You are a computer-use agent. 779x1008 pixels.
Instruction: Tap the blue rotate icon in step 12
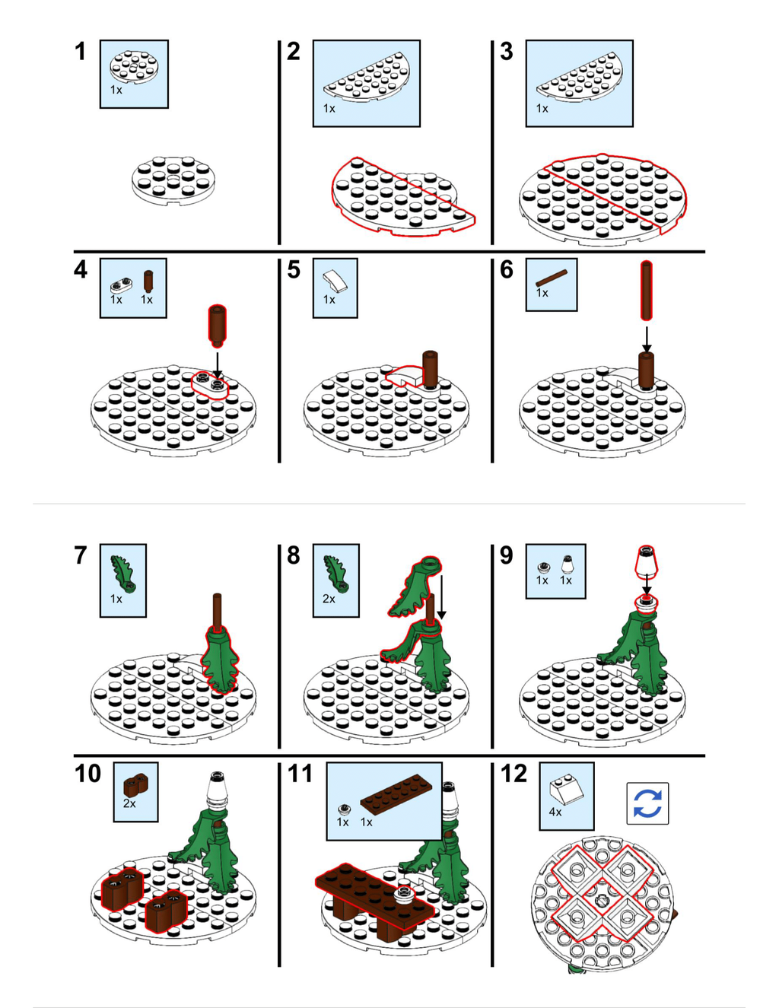coord(647,803)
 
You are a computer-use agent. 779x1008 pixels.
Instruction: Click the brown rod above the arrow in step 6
coord(647,291)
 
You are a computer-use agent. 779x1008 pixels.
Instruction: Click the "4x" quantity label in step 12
coord(555,812)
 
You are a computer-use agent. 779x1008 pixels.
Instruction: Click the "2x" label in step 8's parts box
coord(329,599)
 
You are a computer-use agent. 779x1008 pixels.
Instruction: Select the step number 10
coord(87,773)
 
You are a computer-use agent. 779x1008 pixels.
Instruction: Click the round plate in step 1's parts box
coord(134,67)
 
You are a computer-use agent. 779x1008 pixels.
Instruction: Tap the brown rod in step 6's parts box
coord(552,278)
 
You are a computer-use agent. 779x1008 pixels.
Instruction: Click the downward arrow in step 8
coord(441,597)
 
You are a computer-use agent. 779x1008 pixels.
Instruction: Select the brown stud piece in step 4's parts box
coord(148,281)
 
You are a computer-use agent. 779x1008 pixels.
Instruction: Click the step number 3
coord(507,51)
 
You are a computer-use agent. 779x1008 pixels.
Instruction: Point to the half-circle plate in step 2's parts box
coord(367,76)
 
